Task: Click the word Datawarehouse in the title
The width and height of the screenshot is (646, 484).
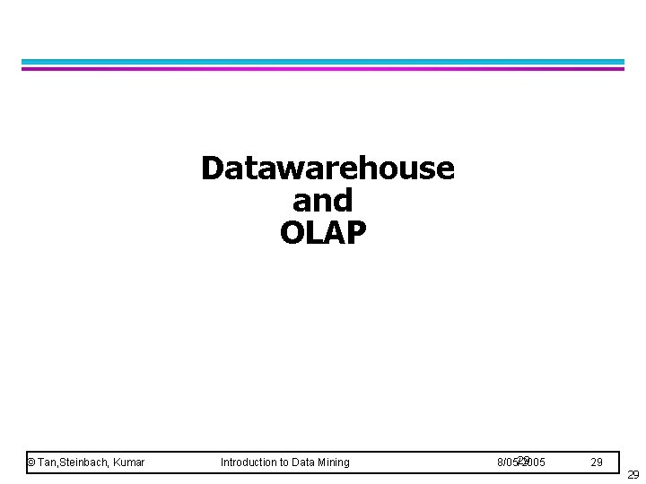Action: (x=327, y=168)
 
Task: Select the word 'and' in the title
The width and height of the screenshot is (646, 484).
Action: (x=323, y=200)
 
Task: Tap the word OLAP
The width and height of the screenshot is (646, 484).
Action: (x=323, y=233)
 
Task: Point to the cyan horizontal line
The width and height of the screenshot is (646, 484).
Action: (x=323, y=62)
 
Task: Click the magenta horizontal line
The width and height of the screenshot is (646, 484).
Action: (x=323, y=68)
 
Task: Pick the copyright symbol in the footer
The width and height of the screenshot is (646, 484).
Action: (x=31, y=462)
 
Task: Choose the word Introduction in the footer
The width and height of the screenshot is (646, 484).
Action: (x=249, y=462)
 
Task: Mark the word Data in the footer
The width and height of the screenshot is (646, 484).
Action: (x=306, y=462)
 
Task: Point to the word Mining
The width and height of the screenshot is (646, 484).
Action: (x=335, y=462)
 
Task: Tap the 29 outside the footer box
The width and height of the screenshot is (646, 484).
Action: (x=633, y=475)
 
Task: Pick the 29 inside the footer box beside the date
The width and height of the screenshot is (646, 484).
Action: (x=597, y=462)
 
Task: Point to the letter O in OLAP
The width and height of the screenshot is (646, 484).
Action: (x=292, y=233)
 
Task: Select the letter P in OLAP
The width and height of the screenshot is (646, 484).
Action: (x=355, y=233)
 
